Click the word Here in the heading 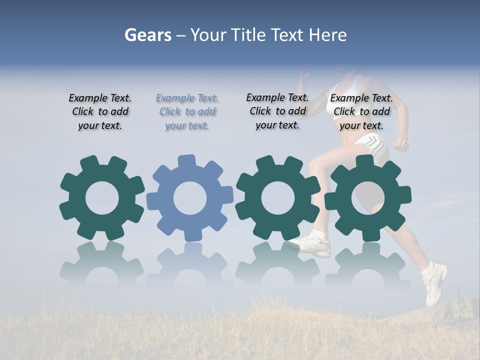pos(327,35)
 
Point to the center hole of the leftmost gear pos(102,198)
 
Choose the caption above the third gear pos(277,111)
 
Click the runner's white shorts pos(372,147)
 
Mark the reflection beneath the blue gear pos(190,265)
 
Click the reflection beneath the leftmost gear pos(102,265)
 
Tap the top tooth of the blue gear pos(187,161)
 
